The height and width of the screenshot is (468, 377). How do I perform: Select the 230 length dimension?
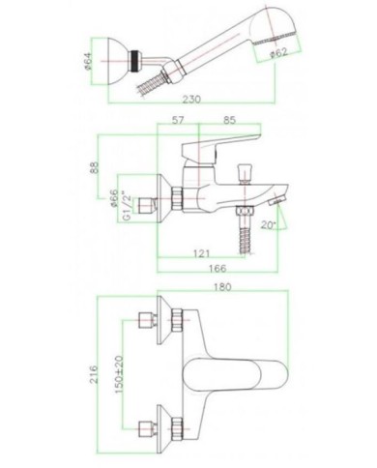189,98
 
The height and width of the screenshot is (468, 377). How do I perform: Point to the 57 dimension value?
177,122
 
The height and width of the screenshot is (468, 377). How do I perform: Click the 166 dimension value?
217,272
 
